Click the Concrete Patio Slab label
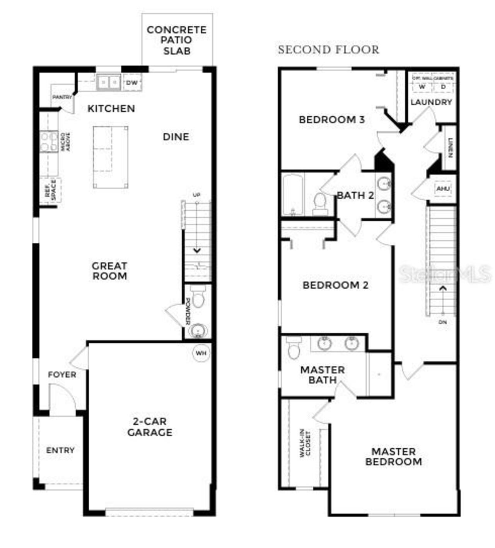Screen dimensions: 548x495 pos(177,40)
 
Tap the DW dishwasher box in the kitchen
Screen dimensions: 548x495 pos(132,83)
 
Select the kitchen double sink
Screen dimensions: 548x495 pos(109,82)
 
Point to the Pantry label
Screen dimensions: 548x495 pos(62,97)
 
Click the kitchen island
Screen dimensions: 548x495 pos(111,157)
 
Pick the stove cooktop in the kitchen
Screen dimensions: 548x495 pos(49,142)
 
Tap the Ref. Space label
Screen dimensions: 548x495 pos(51,190)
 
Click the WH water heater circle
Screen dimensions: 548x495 pos(201,353)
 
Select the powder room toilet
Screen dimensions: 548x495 pos(198,297)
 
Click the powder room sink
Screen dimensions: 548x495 pos(198,331)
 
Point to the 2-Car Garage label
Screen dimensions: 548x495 pos(150,427)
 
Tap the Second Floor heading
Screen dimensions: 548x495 pos(328,50)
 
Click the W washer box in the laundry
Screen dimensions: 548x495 pos(422,87)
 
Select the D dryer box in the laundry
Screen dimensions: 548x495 pos(443,87)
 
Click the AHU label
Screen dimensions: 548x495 pos(443,189)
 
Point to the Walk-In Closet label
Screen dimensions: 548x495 pos(305,444)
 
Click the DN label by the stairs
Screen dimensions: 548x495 pos(443,322)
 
